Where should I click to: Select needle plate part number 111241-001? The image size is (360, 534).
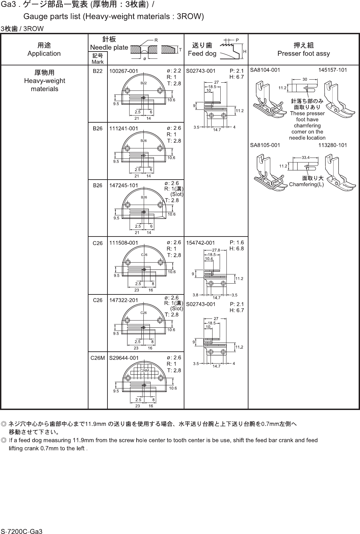pyautogui.click(x=123, y=128)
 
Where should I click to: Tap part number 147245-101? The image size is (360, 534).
pyautogui.click(x=123, y=185)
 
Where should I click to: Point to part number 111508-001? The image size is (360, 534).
pyautogui.click(x=123, y=243)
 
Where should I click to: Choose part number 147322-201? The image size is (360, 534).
pyautogui.click(x=123, y=300)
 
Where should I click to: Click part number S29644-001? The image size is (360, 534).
pyautogui.click(x=124, y=357)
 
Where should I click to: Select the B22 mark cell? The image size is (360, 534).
pyautogui.click(x=98, y=71)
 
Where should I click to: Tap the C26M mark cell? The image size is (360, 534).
pyautogui.click(x=98, y=357)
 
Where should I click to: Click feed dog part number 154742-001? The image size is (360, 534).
pyautogui.click(x=201, y=243)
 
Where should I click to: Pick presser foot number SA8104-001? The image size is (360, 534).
pyautogui.click(x=265, y=70)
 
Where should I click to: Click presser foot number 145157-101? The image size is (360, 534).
pyautogui.click(x=333, y=70)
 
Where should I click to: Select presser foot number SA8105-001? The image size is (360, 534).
pyautogui.click(x=265, y=145)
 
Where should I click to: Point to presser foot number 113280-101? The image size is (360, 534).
pyautogui.click(x=333, y=145)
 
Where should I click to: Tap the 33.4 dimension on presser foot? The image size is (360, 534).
pyautogui.click(x=306, y=158)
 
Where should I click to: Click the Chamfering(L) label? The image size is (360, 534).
pyautogui.click(x=306, y=184)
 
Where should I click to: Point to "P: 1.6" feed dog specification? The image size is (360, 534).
pyautogui.click(x=237, y=243)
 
